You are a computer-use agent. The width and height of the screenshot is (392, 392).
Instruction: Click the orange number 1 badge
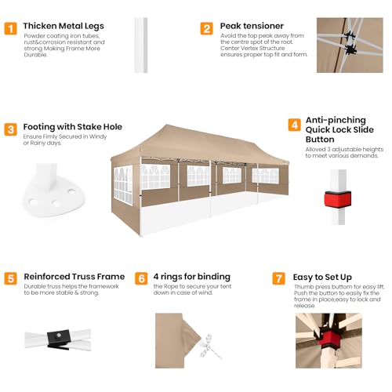(x=11, y=28)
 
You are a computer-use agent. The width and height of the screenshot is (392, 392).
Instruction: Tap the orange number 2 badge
(x=207, y=28)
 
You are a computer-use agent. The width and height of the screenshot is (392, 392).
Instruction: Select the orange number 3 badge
(x=11, y=129)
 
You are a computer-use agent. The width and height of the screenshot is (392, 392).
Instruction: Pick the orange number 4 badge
(x=295, y=125)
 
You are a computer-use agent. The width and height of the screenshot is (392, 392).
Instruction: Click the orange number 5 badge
(x=11, y=278)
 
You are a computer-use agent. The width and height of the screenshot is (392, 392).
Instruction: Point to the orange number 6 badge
(x=141, y=278)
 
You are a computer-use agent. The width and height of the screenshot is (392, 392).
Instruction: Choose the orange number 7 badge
(x=279, y=278)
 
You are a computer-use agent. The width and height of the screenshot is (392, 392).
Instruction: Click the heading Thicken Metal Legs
(x=64, y=26)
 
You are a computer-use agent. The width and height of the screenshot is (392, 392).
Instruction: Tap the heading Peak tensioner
(x=252, y=26)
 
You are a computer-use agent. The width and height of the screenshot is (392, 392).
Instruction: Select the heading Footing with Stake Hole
(x=73, y=127)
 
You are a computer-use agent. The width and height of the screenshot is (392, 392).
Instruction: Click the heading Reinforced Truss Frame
(x=74, y=277)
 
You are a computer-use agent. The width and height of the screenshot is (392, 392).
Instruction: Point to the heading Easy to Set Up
(x=322, y=278)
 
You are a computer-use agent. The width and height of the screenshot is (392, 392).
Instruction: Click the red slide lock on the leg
(x=338, y=199)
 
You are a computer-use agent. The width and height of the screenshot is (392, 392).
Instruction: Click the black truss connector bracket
(x=59, y=339)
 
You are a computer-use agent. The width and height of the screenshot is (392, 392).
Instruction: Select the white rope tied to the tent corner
(x=209, y=347)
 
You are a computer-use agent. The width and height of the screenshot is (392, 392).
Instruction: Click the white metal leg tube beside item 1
(x=141, y=45)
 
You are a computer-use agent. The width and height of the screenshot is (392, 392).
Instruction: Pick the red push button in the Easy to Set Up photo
(x=331, y=339)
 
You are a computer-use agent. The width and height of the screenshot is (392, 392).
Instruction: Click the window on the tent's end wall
(x=123, y=184)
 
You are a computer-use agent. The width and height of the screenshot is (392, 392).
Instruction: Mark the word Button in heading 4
(x=320, y=140)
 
